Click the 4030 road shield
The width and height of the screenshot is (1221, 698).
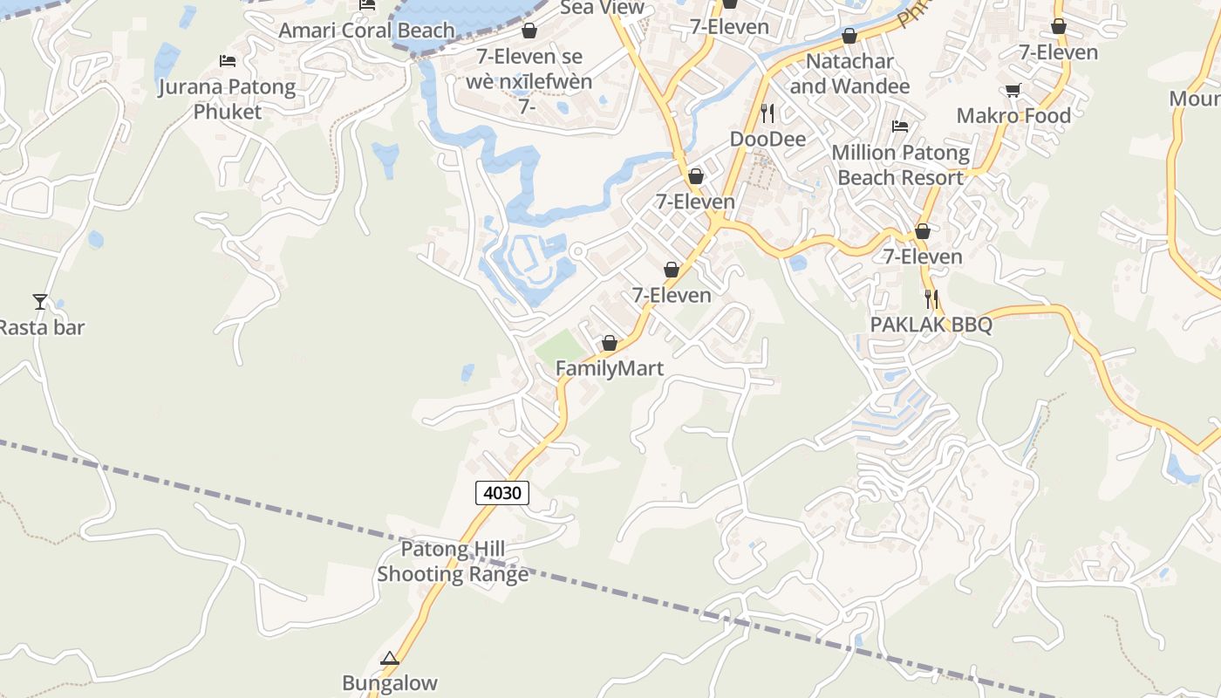point(502,493)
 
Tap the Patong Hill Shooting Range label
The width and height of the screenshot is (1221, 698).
point(453,562)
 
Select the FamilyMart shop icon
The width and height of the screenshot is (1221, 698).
point(610,344)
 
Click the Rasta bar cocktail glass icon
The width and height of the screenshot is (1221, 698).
point(40,302)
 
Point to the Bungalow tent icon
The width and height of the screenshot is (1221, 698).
point(390,658)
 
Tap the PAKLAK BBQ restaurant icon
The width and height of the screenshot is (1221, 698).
point(931,299)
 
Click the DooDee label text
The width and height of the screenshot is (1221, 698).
point(767,140)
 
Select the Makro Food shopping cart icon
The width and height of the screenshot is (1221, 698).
point(1013,91)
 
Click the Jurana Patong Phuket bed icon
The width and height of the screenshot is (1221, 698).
point(228,61)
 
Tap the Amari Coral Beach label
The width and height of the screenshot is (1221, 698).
point(366,31)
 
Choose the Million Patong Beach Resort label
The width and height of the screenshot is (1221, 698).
point(900,165)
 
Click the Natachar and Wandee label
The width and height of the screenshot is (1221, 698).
point(849,74)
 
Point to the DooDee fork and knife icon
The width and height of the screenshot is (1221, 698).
point(767,113)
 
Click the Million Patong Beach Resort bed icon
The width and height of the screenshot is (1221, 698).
point(900,127)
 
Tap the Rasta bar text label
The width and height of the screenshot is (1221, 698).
point(42,328)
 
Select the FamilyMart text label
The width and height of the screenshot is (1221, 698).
point(610,368)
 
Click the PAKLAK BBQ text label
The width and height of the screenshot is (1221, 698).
point(931,325)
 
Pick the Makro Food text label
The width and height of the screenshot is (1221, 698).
point(1013,116)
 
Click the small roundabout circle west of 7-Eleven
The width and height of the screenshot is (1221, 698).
point(576,251)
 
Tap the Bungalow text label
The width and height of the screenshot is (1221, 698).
point(390,683)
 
